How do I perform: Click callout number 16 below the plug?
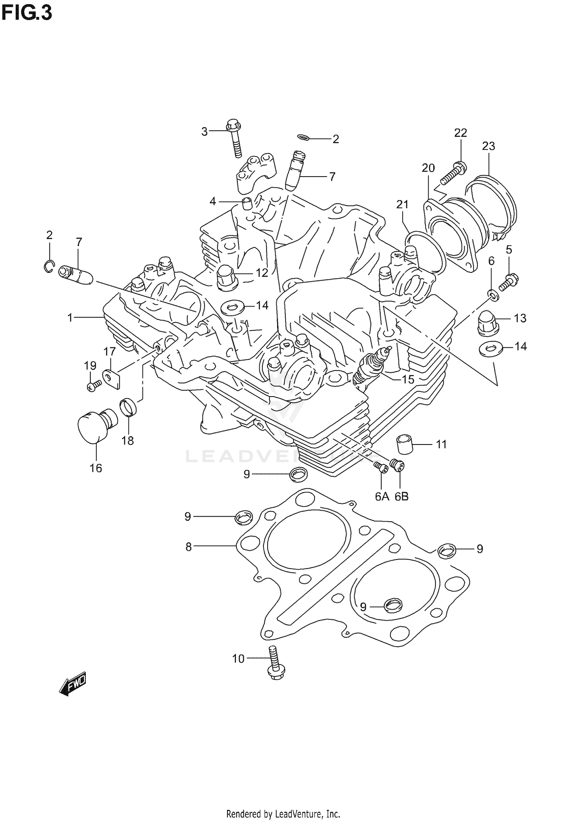tap(96, 468)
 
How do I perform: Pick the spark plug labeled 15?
tap(370, 366)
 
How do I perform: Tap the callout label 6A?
tap(382, 496)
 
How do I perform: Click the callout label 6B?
tap(401, 496)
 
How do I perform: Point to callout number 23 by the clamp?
tap(488, 146)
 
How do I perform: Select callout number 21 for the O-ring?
tap(403, 204)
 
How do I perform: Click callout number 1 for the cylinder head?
tap(70, 318)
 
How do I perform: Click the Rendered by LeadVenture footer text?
tap(283, 813)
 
